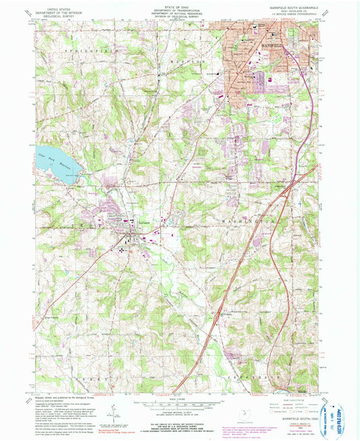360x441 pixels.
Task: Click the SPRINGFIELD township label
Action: pyautogui.click(x=82, y=51)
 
